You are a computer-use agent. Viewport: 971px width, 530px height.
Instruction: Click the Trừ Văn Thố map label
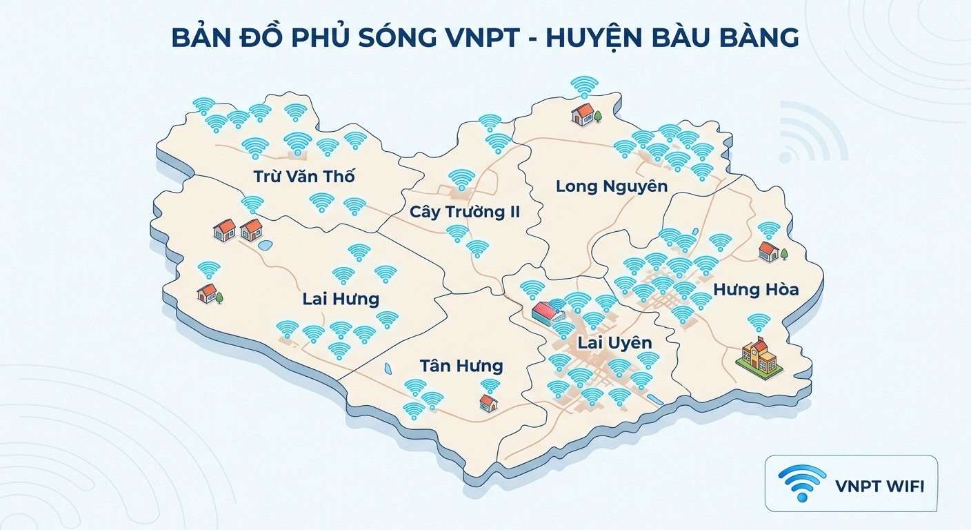coord(304,176)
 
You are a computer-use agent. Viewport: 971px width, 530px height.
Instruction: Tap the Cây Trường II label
coord(464,211)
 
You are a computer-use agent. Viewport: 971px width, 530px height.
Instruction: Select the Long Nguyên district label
coord(611,186)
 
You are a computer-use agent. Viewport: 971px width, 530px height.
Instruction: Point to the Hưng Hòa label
coord(756,289)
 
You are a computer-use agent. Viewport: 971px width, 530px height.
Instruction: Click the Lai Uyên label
coord(614,343)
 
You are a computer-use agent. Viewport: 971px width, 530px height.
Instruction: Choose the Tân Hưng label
coord(461,366)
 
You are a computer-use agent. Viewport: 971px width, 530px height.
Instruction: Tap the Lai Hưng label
coord(341,299)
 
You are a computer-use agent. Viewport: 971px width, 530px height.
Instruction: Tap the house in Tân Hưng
coord(488,402)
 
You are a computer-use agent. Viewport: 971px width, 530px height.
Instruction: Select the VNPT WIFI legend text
coord(879,486)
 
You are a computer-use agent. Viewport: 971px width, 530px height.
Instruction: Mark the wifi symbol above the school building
coord(759,322)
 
